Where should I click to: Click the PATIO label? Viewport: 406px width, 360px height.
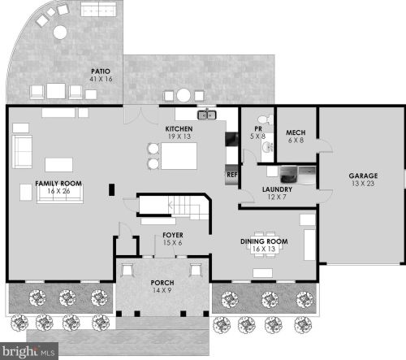tap(101, 72)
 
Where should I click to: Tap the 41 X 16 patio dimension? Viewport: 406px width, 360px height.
tap(101, 79)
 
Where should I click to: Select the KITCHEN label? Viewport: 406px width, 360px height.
tap(179, 128)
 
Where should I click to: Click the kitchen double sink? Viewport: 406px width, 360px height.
tap(207, 115)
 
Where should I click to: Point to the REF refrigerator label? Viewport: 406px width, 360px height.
tap(231, 175)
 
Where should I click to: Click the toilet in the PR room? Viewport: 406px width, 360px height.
tap(266, 119)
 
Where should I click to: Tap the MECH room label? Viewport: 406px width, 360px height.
tap(296, 132)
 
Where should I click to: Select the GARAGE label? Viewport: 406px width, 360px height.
tap(363, 176)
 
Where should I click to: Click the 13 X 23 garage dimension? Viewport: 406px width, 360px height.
tap(363, 184)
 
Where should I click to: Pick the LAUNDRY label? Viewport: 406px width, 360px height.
tap(277, 189)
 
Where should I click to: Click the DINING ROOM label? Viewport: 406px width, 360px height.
tap(264, 241)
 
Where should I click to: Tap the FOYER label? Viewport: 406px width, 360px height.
tap(173, 235)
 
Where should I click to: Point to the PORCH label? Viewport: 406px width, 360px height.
tap(162, 283)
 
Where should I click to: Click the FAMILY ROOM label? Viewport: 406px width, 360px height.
tap(58, 184)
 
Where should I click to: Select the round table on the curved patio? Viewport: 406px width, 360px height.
tap(60, 33)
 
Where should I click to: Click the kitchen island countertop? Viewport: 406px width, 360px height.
tap(179, 156)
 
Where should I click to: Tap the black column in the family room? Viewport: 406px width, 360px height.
tap(111, 189)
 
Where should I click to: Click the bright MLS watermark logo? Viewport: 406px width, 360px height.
tap(28, 351)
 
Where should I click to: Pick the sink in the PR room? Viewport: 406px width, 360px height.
tap(267, 148)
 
